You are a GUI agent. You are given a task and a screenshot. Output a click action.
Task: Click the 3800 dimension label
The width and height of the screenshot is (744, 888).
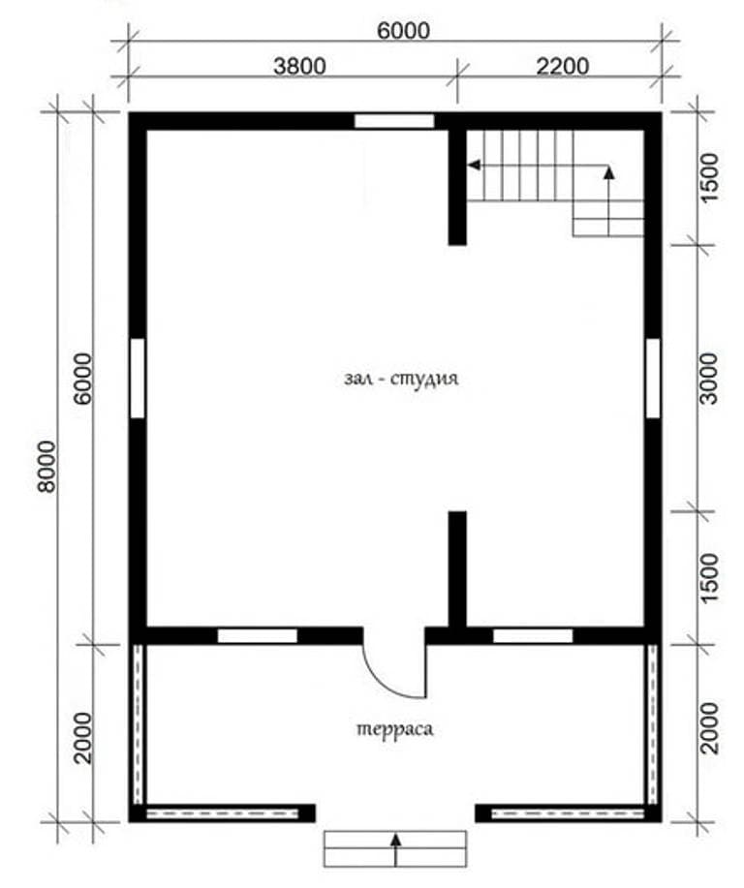tap(299, 66)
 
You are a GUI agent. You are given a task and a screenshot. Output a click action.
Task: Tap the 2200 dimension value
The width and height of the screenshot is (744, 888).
tap(562, 66)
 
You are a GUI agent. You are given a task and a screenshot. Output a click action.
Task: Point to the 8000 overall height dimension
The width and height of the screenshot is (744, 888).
tap(47, 467)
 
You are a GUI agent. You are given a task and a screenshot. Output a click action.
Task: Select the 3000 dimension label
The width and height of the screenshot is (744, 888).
tap(708, 379)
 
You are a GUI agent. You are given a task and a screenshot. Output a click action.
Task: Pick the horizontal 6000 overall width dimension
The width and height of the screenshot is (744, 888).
tap(403, 31)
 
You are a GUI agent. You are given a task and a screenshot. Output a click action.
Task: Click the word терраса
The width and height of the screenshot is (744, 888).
tap(395, 729)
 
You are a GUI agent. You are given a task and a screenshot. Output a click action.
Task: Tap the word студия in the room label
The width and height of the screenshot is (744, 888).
tap(424, 379)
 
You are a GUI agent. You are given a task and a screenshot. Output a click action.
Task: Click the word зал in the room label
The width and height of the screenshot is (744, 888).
tap(358, 379)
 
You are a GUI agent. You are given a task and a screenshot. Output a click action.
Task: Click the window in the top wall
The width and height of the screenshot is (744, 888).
tap(394, 121)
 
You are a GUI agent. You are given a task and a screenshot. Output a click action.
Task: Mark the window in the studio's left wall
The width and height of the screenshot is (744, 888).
tap(138, 379)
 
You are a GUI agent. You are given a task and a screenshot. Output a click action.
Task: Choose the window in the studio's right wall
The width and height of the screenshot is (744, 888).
tap(653, 379)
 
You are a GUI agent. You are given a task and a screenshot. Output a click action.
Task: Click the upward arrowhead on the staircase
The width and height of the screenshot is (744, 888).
tap(609, 172)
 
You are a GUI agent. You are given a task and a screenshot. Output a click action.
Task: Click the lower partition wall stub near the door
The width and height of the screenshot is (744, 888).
tap(457, 569)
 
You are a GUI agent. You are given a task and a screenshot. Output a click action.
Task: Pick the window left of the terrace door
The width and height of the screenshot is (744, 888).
tap(258, 636)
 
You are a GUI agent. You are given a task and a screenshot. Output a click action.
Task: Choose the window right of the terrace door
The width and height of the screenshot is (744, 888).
tap(533, 636)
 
